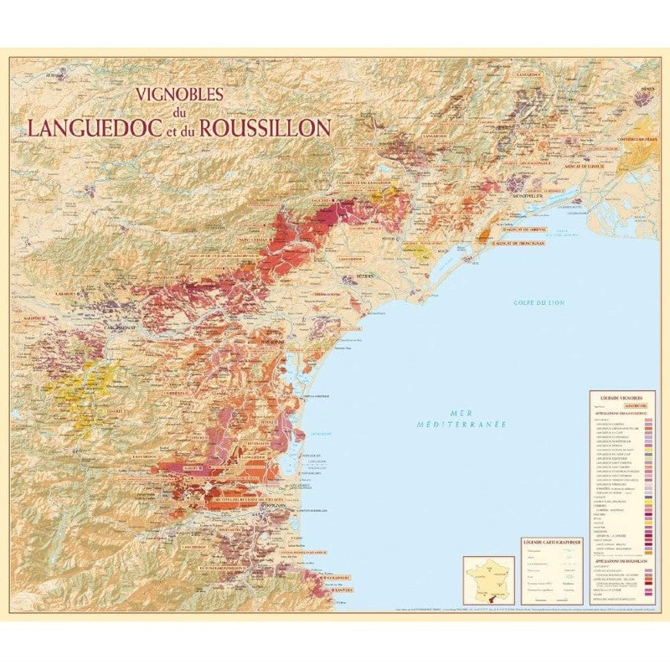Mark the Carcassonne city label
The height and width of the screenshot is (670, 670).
point(114,327)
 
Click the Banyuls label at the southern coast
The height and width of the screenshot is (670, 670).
point(336,590)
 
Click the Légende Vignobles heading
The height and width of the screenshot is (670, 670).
point(621,396)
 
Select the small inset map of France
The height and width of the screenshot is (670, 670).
point(488,578)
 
